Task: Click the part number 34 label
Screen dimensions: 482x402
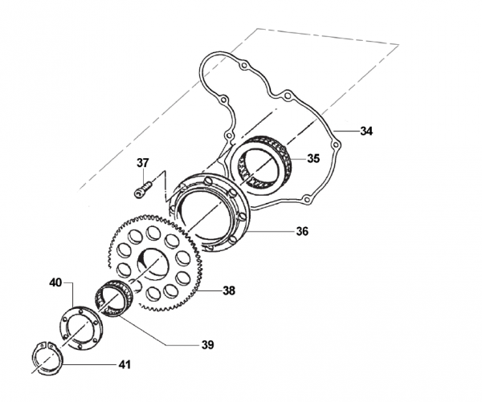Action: click(366, 131)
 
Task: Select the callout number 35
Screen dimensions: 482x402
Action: click(313, 158)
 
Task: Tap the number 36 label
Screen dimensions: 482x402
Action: click(302, 231)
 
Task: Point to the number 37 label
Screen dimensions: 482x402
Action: click(143, 163)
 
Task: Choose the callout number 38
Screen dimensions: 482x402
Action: click(229, 290)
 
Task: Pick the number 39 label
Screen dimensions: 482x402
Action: click(208, 345)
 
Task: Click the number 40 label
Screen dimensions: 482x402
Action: click(55, 282)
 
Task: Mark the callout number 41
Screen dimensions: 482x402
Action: click(125, 365)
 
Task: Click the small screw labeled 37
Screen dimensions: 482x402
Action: click(143, 189)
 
